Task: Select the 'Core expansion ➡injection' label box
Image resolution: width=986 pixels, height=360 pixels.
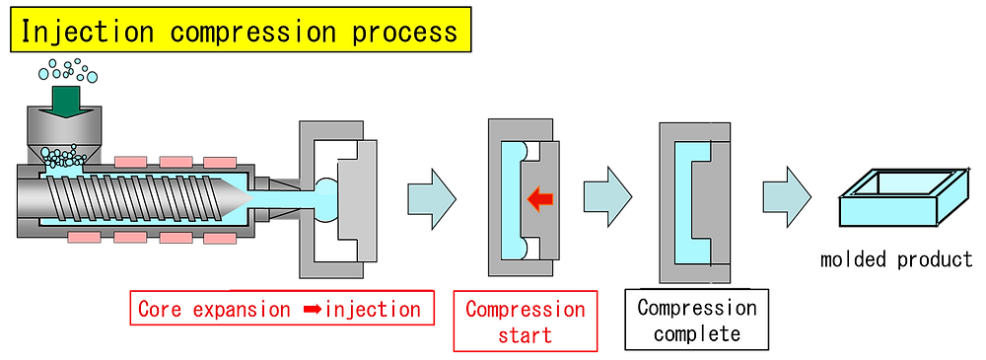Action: click(280, 309)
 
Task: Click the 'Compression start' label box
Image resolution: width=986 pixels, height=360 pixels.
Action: click(525, 322)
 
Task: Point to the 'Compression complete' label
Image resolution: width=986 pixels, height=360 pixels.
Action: click(696, 321)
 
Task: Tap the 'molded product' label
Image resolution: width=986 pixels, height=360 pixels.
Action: click(895, 260)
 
